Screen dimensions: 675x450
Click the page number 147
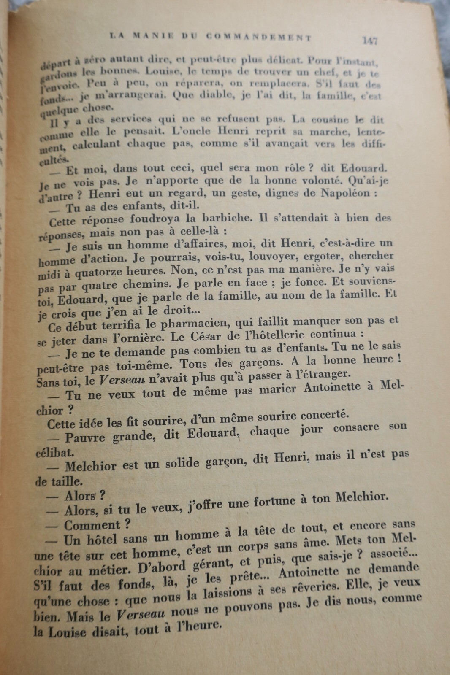[x=369, y=40]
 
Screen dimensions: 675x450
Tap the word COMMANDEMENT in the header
[x=259, y=37]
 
